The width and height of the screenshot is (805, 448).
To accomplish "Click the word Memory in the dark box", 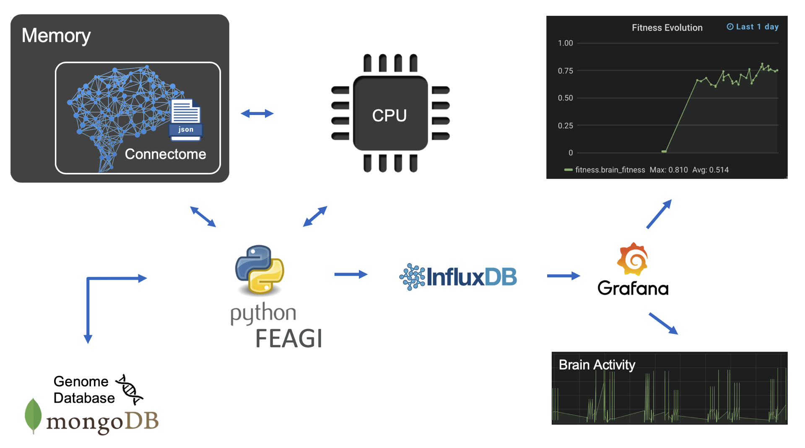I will point(56,36).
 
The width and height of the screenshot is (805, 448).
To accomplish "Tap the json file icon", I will point(186,119).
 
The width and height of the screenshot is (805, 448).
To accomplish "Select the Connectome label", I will point(165,154).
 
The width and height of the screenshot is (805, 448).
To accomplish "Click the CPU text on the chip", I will point(389,115).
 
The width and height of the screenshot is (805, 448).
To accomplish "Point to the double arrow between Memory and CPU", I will point(257,113).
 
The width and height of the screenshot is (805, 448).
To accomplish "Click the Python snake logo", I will point(260,270).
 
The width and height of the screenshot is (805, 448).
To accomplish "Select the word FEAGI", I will point(288,339).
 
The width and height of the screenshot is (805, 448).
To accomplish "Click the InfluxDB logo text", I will point(471,277).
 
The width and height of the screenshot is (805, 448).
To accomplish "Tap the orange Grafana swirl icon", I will point(633,259).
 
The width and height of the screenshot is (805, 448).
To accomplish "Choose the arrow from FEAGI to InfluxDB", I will point(351,274).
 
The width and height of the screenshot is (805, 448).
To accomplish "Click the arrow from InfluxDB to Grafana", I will point(563,276).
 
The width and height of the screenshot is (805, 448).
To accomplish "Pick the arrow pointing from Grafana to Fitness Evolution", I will point(659,214).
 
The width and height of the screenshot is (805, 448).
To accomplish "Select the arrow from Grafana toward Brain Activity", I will point(663,323).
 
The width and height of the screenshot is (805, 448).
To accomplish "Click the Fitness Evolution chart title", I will point(667,28).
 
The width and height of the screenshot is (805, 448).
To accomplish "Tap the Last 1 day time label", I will point(753,27).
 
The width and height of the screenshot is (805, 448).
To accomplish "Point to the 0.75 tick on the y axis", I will point(565,71).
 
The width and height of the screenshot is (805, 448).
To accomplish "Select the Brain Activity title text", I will point(597,365).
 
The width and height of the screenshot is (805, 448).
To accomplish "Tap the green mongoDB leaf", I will point(33,415).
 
